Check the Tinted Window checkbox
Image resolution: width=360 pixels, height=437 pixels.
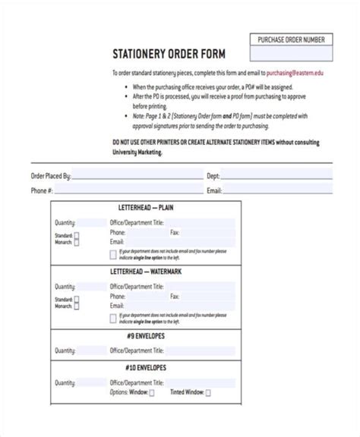pos(209,413)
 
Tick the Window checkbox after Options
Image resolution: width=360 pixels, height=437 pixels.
pos(152,413)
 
